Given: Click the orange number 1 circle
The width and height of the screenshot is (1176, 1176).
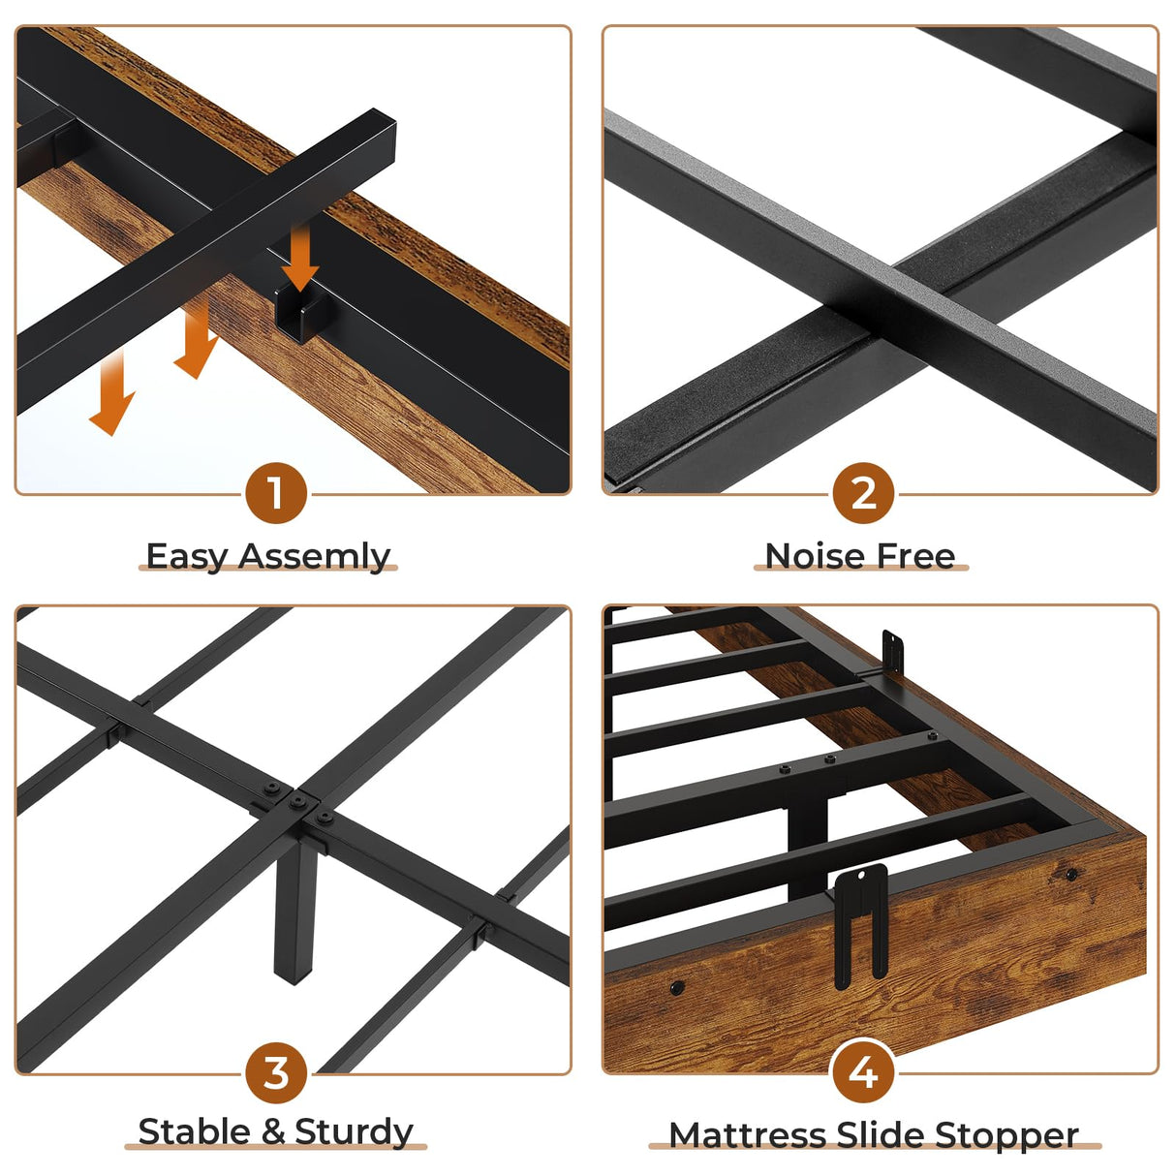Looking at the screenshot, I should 276,493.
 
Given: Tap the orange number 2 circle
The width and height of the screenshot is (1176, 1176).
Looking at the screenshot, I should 863,493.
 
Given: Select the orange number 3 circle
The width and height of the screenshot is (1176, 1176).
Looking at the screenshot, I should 276,1072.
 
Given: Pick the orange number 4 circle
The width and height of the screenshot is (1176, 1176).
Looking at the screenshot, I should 863,1072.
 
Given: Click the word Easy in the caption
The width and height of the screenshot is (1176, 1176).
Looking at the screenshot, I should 188,557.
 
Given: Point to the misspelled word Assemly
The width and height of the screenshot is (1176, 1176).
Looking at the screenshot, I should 315,557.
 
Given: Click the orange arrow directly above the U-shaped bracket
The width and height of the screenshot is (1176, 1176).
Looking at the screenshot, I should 300,255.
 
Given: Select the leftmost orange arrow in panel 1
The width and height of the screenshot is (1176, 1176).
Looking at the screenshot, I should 112,393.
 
